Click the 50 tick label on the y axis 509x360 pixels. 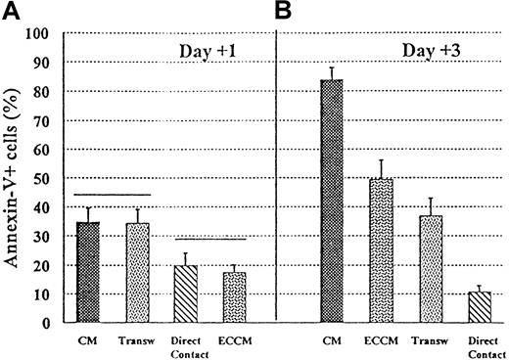(x=42, y=178)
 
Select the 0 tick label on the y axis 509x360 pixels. (x=46, y=322)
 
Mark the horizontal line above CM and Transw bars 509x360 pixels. (x=114, y=195)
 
